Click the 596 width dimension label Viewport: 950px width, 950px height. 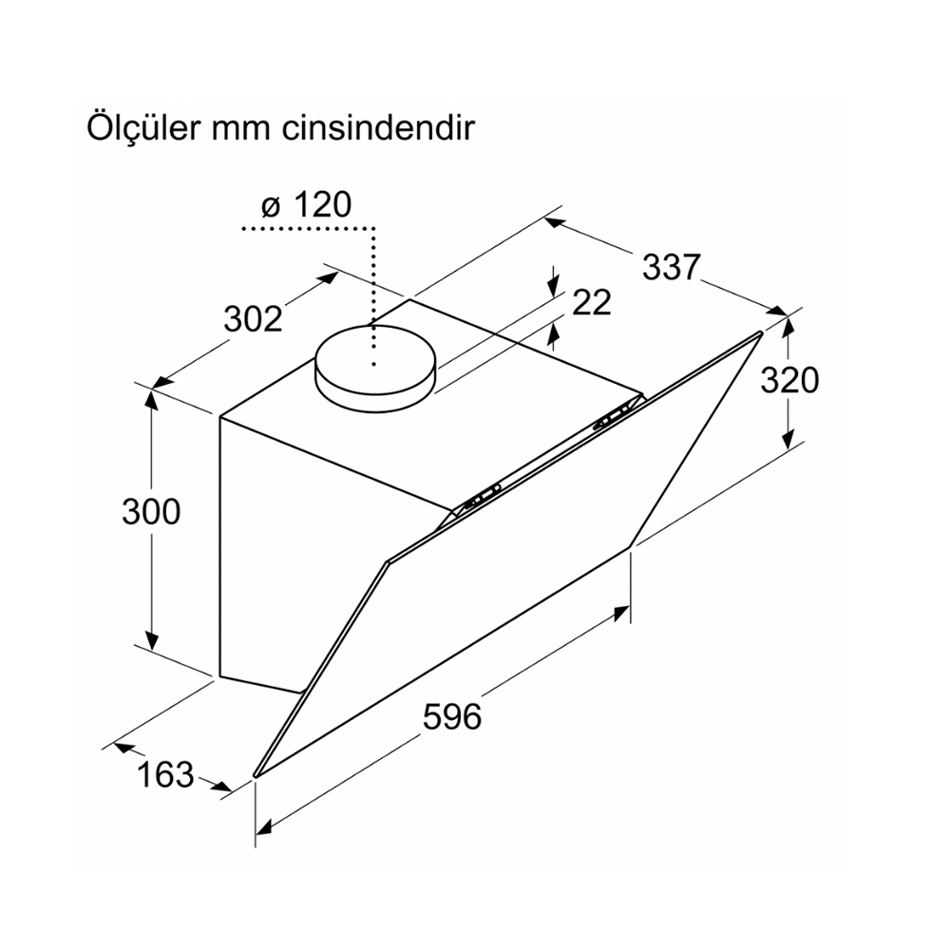(x=452, y=716)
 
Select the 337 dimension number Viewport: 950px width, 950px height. (x=671, y=267)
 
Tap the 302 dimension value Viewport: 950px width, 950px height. (x=254, y=318)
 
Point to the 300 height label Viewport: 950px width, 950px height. (x=151, y=511)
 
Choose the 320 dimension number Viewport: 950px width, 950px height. (x=789, y=381)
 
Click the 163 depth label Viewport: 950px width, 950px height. (x=164, y=774)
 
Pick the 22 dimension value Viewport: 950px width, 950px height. (x=591, y=302)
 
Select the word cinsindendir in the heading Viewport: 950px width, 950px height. (x=377, y=128)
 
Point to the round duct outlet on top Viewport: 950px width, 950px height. (x=374, y=369)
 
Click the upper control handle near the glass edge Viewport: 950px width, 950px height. (x=613, y=419)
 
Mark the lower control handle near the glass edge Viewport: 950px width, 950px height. (x=482, y=494)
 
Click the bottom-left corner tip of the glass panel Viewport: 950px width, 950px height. (x=255, y=775)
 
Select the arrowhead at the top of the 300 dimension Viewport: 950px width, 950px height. (x=151, y=399)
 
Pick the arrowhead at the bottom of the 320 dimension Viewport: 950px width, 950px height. (x=788, y=438)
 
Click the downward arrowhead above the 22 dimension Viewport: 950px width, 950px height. (x=553, y=289)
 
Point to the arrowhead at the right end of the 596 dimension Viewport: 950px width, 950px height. (x=621, y=612)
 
